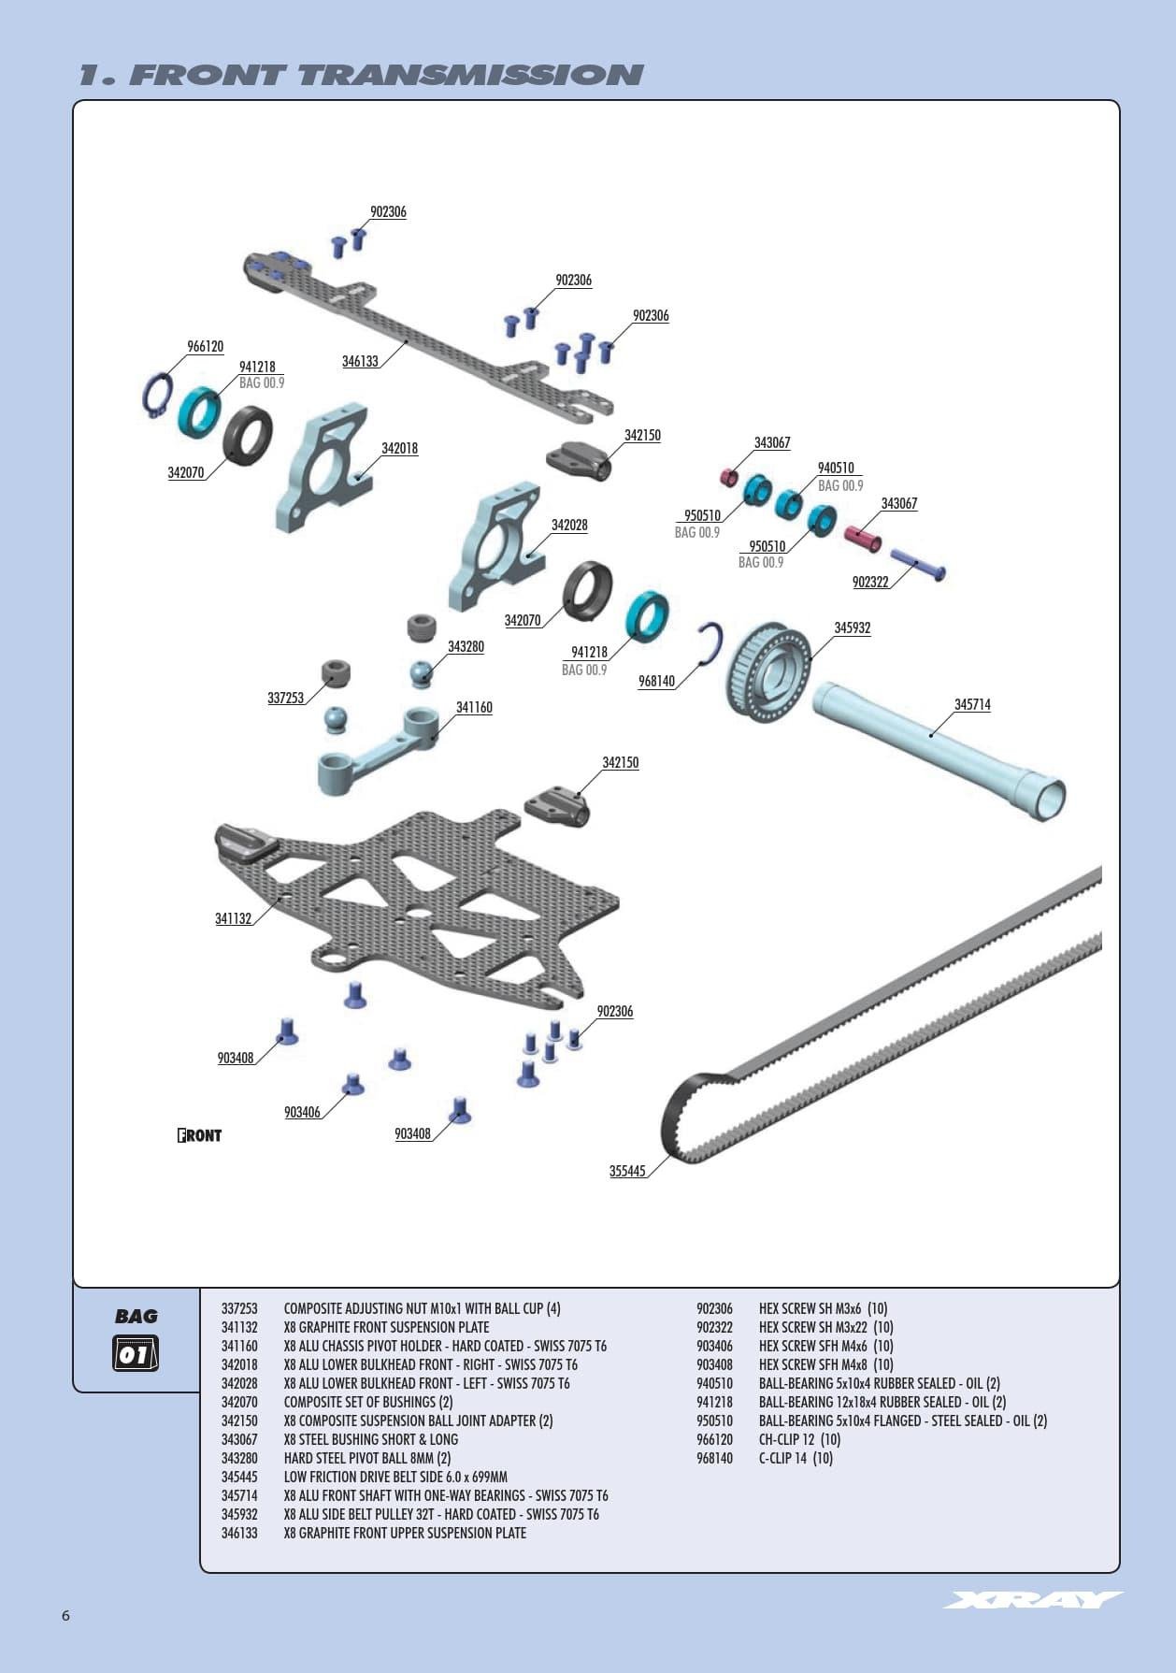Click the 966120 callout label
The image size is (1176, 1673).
click(205, 347)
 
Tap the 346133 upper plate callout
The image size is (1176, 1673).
click(360, 361)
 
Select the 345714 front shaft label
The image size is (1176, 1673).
click(972, 704)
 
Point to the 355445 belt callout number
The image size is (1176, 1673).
click(627, 1171)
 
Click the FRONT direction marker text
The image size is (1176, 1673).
click(199, 1135)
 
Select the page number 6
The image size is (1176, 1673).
click(65, 1615)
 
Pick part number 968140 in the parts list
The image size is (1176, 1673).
click(714, 1458)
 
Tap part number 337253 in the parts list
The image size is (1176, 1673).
click(239, 1308)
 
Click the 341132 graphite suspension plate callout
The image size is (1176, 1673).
click(234, 918)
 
